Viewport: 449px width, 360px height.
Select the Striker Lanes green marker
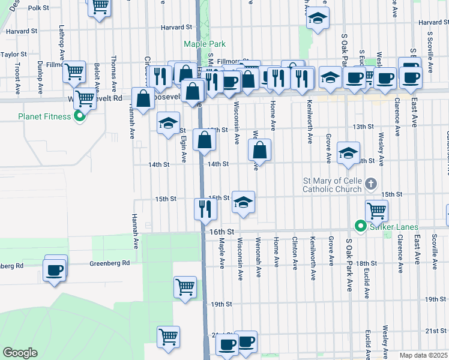point(360,226)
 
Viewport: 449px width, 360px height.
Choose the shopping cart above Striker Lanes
point(376,210)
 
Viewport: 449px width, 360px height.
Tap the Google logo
point(20,353)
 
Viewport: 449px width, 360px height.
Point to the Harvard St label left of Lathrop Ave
point(23,30)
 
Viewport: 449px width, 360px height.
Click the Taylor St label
point(11,54)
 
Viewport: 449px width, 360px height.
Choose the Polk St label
point(38,8)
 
